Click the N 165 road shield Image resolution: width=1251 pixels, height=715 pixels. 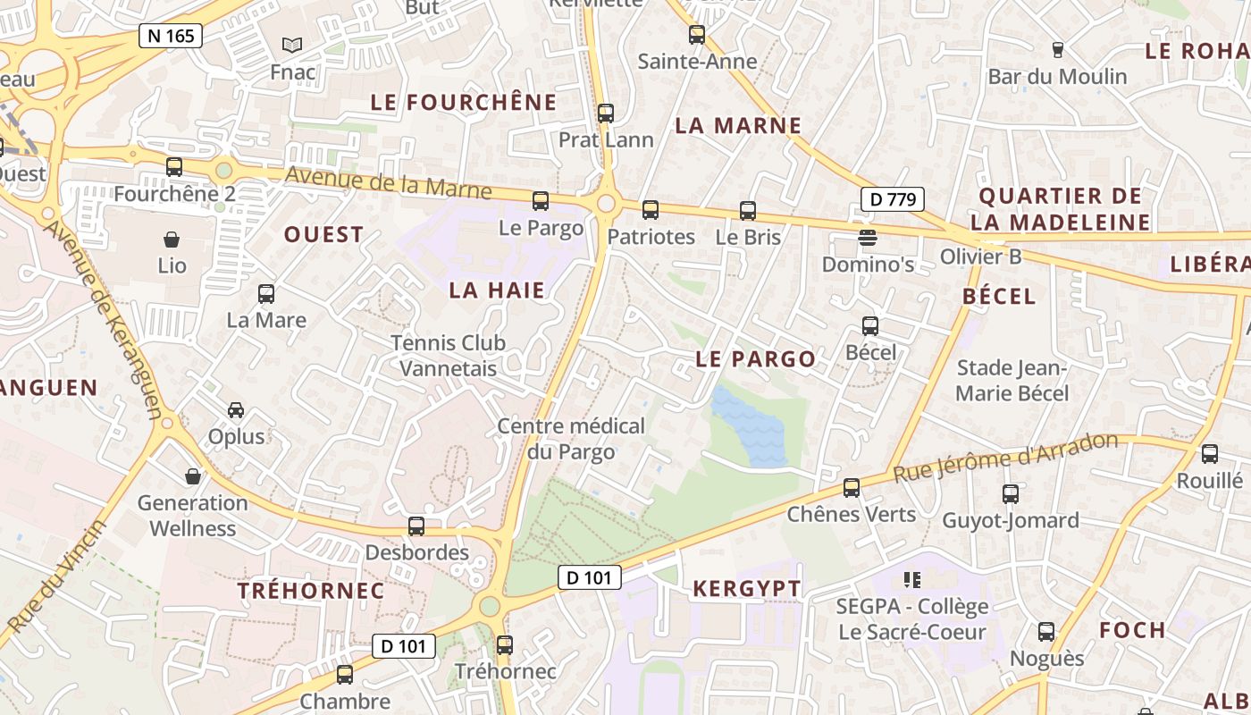171,36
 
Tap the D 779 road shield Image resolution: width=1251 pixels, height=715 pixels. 892,199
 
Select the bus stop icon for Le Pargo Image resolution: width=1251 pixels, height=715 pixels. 541,201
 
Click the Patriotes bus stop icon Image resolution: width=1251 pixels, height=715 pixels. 651,210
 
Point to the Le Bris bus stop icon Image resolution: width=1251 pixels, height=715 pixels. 748,211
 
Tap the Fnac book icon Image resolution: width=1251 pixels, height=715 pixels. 292,45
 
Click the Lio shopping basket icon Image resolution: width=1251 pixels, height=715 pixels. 172,240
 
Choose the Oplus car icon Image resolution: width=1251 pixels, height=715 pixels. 236,410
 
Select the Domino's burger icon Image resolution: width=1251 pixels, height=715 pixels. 868,238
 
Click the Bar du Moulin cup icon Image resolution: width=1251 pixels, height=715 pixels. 1058,50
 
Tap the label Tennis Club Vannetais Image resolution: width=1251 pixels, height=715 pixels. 448,355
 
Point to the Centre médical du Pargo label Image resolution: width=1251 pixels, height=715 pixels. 571,439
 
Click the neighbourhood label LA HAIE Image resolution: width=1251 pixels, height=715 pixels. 497,290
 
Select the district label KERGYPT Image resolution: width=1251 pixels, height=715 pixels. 747,589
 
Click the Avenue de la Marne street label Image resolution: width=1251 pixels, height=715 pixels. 388,183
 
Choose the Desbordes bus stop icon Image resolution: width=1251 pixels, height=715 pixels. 416,526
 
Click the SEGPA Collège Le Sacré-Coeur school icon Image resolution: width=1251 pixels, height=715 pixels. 912,580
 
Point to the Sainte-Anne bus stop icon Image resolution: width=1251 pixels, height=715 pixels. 697,35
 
